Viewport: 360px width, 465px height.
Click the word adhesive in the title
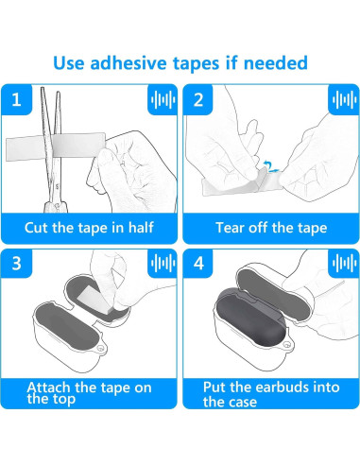coord(129,62)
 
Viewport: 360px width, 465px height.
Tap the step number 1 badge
coord(17,99)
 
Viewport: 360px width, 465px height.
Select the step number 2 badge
coord(198,99)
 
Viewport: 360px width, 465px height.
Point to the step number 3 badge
coord(17,264)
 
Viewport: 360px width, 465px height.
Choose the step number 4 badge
coord(198,264)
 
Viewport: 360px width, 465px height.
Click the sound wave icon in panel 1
coord(163,99)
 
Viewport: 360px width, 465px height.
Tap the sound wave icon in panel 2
coord(344,99)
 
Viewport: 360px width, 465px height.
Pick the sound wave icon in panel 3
coord(163,264)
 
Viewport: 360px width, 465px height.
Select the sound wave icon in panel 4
coord(344,264)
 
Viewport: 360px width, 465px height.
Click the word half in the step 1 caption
coord(141,227)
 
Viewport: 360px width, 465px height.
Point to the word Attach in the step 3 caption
coord(48,387)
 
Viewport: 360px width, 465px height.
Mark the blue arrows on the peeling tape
coord(270,167)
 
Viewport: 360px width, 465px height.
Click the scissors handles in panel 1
coord(56,206)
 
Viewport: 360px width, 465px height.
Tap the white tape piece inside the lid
coord(95,300)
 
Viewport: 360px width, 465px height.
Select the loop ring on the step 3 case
coord(101,348)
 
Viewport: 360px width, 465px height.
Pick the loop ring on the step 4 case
coord(287,344)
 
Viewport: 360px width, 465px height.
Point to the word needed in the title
coord(276,62)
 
